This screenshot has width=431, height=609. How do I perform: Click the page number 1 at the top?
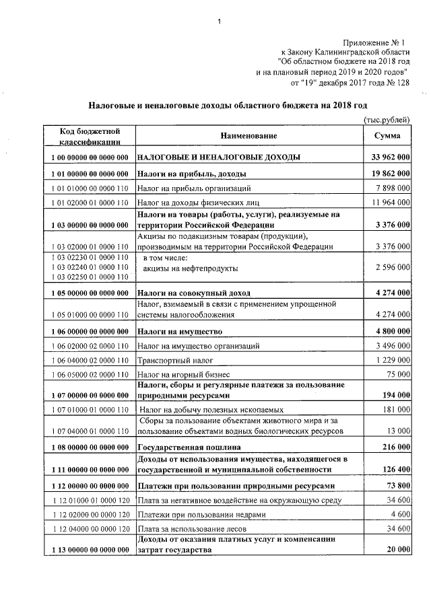(x=220, y=26)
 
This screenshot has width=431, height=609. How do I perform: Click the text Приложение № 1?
(x=378, y=42)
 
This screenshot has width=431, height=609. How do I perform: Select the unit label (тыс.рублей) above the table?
(x=386, y=120)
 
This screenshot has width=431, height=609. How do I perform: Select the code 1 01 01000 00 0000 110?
(x=89, y=188)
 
